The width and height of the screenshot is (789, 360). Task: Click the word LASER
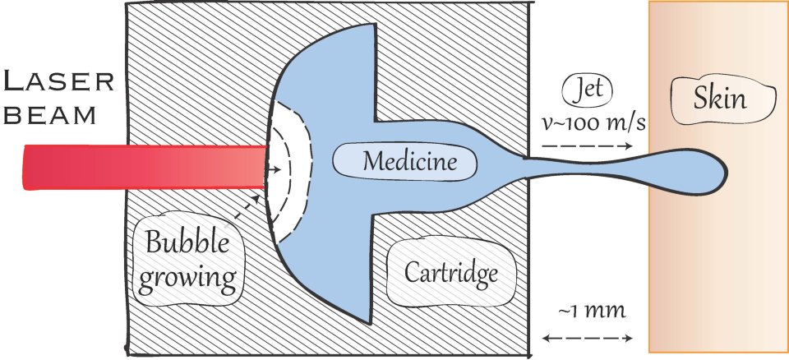coord(56,83)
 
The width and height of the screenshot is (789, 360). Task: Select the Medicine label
coord(404,161)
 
